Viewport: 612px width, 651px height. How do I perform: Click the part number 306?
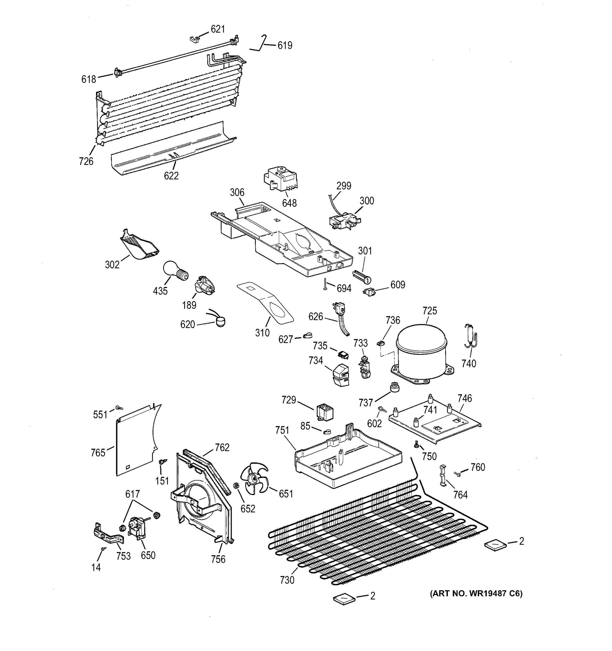click(x=237, y=192)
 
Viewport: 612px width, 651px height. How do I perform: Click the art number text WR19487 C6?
click(x=476, y=593)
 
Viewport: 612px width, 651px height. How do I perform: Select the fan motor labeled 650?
click(x=138, y=528)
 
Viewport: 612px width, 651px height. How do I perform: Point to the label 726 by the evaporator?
click(x=86, y=161)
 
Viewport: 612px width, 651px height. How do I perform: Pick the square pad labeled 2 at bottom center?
click(x=344, y=598)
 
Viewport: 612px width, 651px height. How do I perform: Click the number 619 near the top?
click(x=285, y=46)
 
